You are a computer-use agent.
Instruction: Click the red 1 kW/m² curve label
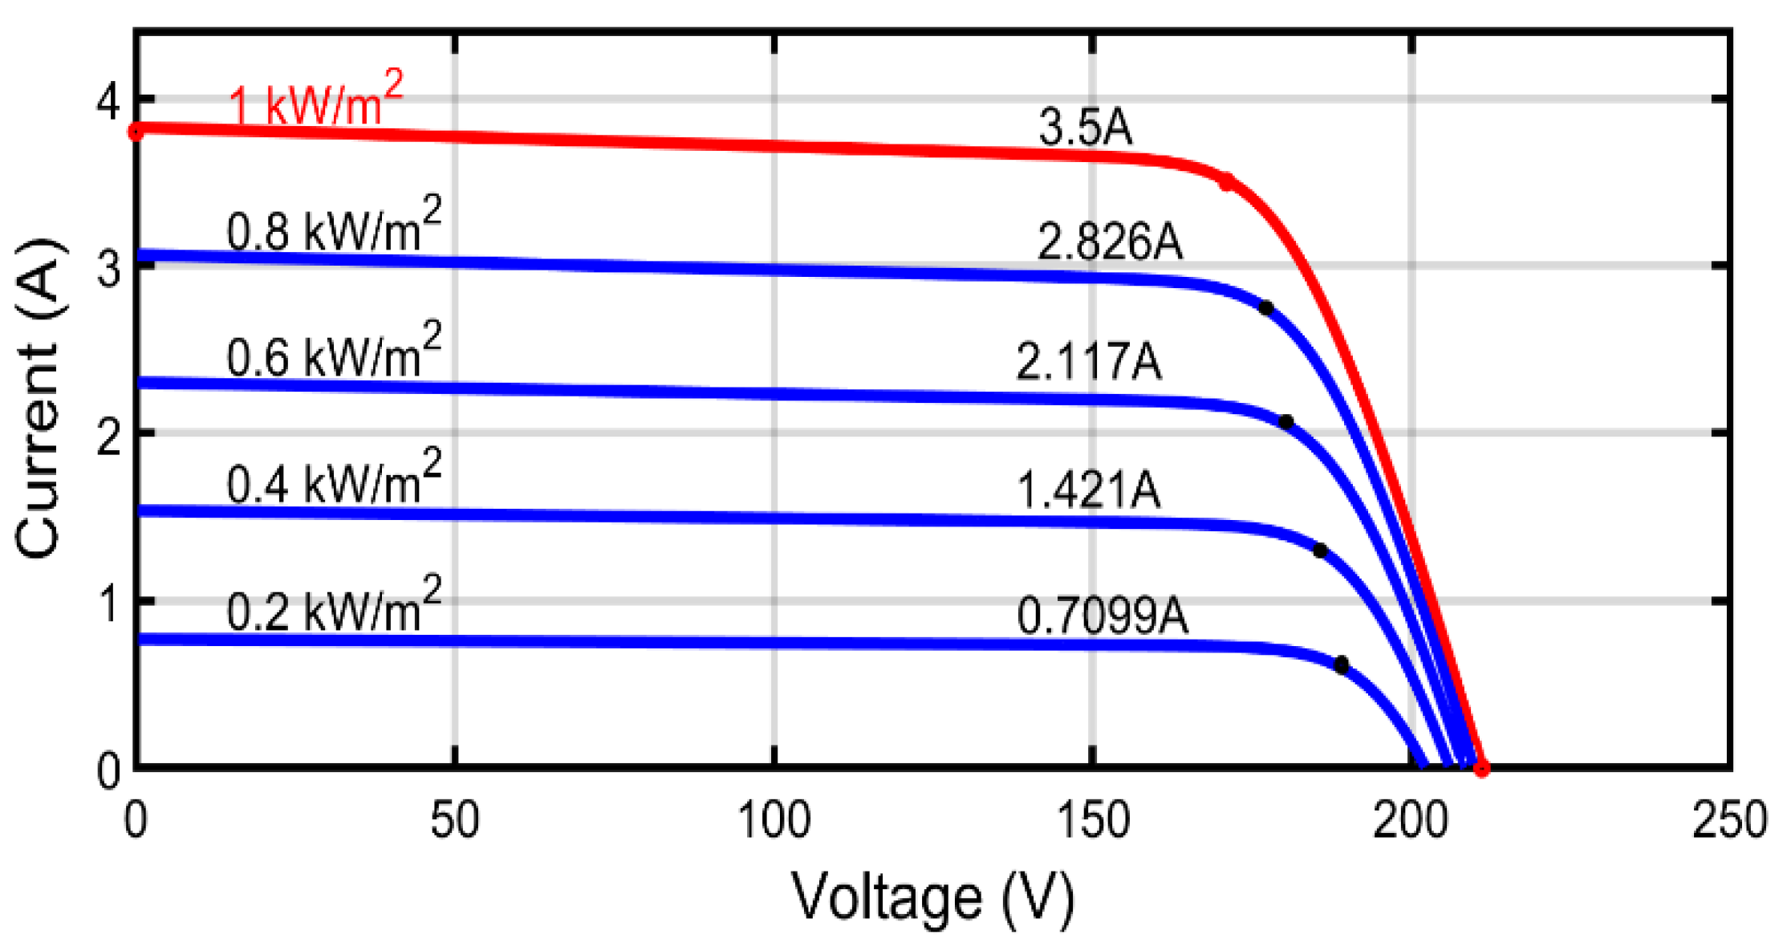tap(315, 102)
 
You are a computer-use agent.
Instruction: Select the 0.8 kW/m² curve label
tap(333, 228)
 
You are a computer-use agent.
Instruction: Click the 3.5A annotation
tap(1085, 128)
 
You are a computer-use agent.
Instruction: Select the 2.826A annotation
tap(1109, 242)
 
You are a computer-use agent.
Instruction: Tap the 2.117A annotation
tap(1088, 361)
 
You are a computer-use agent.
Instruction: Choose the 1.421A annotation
tap(1088, 490)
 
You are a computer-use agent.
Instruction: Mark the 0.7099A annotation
tap(1102, 616)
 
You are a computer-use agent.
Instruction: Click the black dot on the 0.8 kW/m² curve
tap(1266, 308)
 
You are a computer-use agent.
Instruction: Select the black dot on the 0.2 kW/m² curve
tap(1341, 664)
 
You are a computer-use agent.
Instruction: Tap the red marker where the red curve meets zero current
tap(1481, 768)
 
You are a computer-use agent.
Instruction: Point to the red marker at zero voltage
tap(136, 131)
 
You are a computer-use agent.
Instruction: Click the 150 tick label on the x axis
tap(1093, 820)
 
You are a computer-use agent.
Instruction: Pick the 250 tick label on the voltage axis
tap(1728, 820)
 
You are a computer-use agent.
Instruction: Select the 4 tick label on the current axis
tap(108, 101)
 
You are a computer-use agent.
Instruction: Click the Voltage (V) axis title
tap(932, 897)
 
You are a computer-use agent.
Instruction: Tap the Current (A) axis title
tap(39, 397)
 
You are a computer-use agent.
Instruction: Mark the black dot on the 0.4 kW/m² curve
tap(1320, 551)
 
